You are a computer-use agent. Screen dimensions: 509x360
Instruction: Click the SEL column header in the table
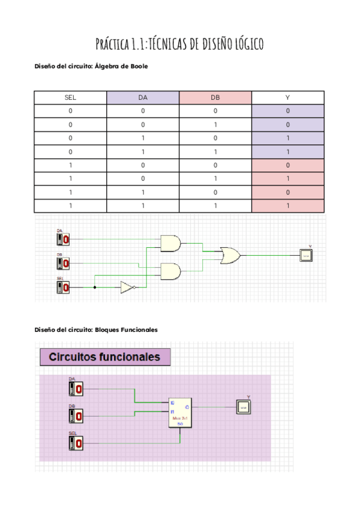70,97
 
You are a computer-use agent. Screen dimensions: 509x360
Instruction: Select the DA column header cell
143,97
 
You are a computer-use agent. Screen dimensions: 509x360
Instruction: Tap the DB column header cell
215,97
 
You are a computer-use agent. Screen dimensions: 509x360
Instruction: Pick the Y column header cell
288,97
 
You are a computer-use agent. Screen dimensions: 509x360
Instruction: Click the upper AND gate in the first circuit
170,242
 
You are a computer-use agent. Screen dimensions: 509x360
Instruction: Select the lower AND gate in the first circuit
170,271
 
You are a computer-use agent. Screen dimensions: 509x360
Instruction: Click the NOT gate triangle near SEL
127,288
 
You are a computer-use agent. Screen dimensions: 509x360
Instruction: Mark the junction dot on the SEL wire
95,288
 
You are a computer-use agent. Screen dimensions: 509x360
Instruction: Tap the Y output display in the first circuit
307,255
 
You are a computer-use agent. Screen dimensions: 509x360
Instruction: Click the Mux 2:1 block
180,413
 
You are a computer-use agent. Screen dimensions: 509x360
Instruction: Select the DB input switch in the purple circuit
76,416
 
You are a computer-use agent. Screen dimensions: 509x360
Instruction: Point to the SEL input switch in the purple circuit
76,444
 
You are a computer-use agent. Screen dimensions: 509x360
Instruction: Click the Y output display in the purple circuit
243,406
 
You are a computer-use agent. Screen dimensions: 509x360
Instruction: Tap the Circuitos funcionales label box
105,358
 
